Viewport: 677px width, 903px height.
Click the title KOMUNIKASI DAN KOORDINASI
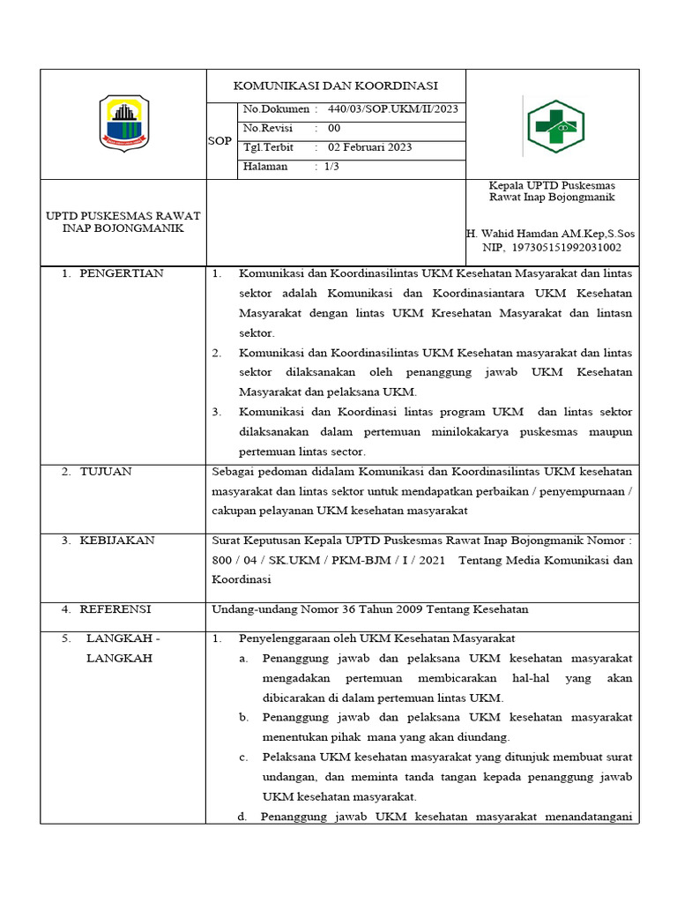pos(335,86)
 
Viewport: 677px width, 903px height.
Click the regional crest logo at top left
pos(124,124)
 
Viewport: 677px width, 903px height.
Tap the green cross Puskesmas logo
pos(555,125)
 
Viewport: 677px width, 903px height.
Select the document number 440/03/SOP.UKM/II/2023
pos(392,109)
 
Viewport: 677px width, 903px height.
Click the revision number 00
pos(334,129)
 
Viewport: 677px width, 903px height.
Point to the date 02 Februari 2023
pos(369,147)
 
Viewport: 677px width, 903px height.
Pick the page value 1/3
pos(332,167)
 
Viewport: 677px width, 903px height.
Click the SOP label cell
pos(219,141)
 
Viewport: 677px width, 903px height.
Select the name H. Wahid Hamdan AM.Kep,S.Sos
pos(551,234)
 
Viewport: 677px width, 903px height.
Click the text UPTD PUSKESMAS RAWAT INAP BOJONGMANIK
pos(123,221)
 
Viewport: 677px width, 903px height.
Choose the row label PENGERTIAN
pos(122,273)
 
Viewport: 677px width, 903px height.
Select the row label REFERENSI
pos(115,609)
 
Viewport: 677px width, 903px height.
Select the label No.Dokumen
pos(276,109)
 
